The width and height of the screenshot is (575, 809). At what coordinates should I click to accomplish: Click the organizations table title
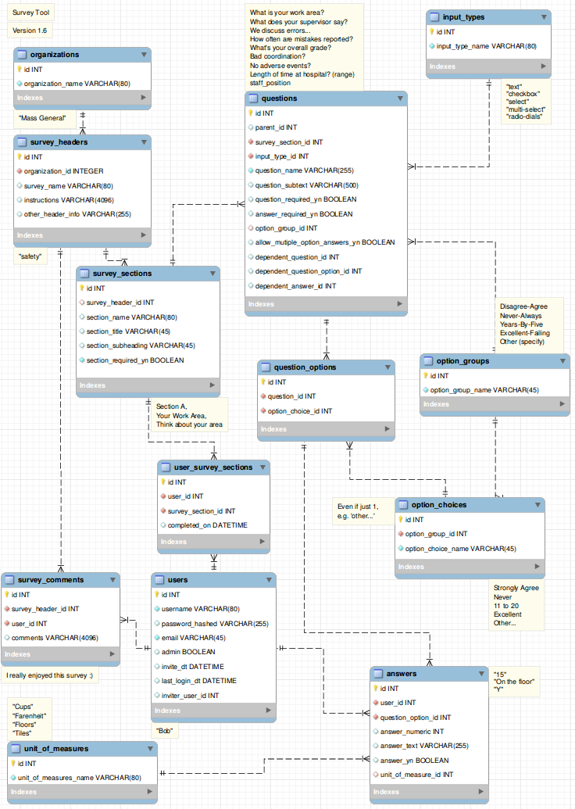pos(54,55)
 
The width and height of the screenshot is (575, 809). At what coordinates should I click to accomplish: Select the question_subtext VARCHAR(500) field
pos(306,185)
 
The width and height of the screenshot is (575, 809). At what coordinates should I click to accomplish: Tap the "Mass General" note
pos(42,118)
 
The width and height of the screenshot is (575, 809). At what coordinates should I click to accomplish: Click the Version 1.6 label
pos(30,30)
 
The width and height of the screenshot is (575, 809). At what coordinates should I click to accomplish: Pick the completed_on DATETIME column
pos(207,525)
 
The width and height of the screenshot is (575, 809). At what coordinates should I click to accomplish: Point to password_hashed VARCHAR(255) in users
pos(215,624)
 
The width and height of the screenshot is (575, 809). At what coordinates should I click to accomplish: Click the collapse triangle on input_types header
pos(544,17)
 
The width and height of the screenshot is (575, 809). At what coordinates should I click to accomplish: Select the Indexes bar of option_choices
pos(470,567)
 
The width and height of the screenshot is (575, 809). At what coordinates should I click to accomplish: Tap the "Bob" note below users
pos(165,731)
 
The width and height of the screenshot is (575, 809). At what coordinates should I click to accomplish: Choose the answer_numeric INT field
pos(412,732)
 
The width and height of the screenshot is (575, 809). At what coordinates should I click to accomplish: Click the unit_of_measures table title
pos(55,749)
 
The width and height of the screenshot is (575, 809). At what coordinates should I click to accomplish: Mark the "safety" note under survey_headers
pos(30,256)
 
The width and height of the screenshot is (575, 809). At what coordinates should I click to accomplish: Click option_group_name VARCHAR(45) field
pos(484,391)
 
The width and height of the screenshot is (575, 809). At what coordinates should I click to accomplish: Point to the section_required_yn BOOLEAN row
pos(135,360)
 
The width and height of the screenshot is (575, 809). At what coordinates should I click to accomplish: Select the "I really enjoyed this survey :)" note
pos(49,675)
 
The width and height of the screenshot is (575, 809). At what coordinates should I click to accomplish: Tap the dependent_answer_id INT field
pos(295,286)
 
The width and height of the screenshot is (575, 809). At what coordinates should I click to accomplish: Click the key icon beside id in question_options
pos(263,381)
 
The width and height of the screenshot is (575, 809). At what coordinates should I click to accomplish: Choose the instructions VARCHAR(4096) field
pos(69,200)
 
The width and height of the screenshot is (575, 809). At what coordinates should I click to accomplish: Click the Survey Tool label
pos(31,13)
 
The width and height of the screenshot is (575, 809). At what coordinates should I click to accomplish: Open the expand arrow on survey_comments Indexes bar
pos(112,653)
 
